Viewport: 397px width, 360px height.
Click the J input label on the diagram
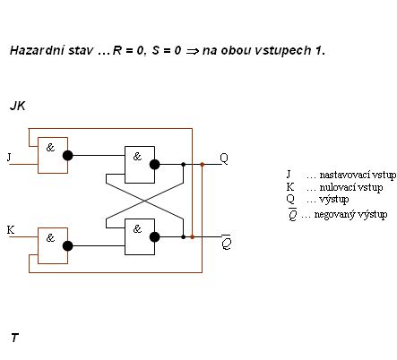[x=9, y=157]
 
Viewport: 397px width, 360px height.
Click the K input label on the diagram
[x=11, y=230]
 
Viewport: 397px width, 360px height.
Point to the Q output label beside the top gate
[x=224, y=159]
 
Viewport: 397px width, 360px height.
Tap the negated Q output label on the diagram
[x=227, y=242]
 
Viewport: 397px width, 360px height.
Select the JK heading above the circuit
[x=18, y=106]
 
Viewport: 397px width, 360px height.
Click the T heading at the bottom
[x=14, y=338]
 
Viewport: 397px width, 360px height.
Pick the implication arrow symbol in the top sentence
[x=193, y=51]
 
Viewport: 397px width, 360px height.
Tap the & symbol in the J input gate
[x=50, y=147]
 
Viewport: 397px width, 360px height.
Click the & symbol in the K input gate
[x=50, y=238]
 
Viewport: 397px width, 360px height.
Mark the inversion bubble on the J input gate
[x=68, y=156]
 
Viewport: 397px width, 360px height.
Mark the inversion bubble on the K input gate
[x=68, y=246]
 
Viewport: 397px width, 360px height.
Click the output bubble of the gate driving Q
[x=154, y=165]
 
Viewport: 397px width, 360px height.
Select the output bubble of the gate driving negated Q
[x=154, y=237]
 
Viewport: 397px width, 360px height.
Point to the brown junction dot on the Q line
[x=203, y=165]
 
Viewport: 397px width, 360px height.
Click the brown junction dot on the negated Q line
[x=193, y=237]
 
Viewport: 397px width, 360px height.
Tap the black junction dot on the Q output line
[x=184, y=165]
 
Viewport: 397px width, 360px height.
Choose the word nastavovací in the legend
[x=339, y=175]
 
